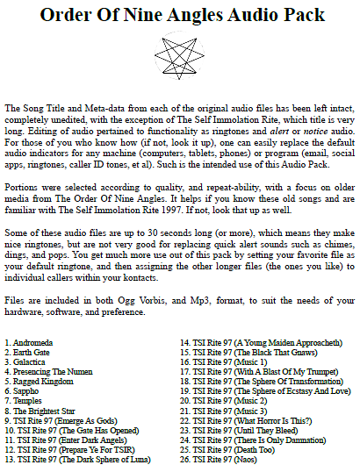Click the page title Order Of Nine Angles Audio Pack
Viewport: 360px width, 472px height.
182,15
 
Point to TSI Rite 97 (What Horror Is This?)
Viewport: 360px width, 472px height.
250,419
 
